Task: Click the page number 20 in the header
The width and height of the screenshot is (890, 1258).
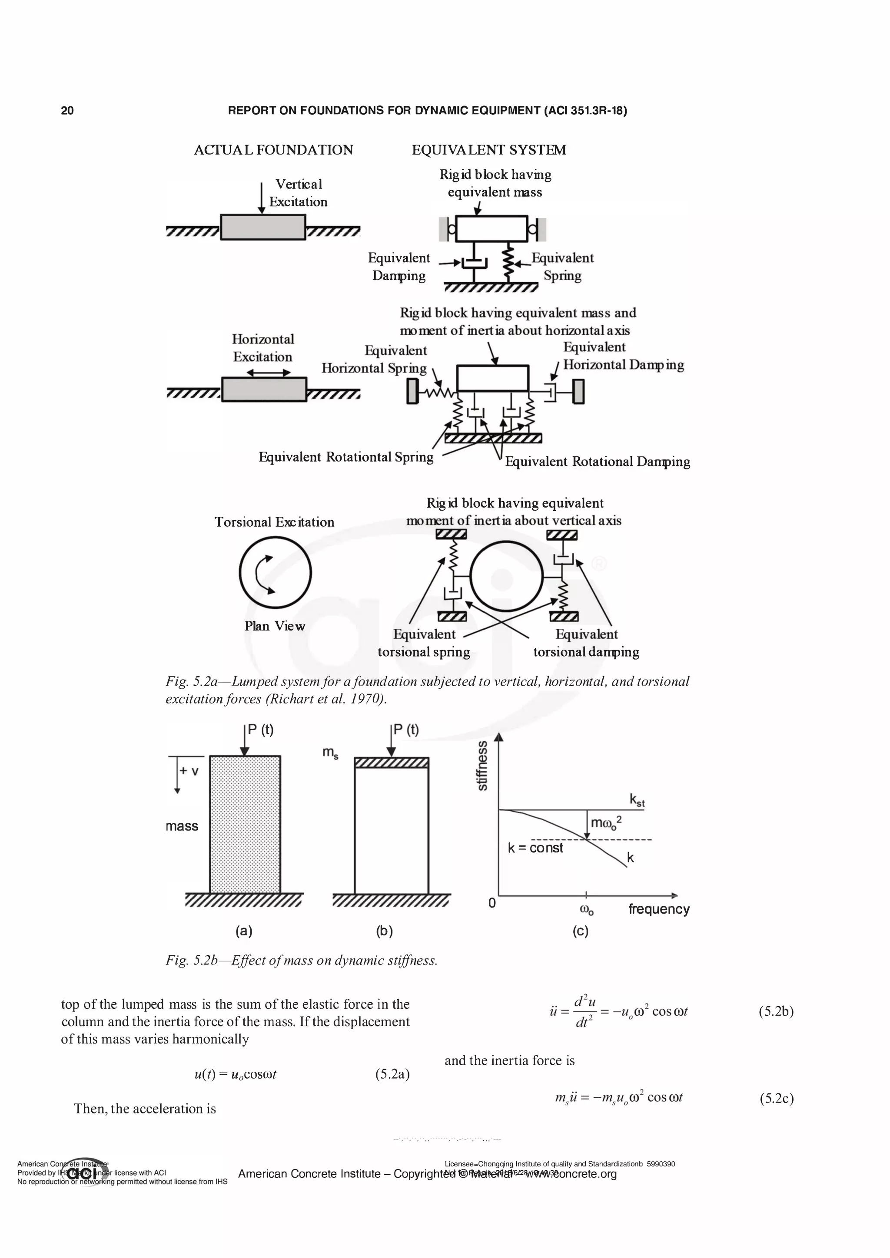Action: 67,111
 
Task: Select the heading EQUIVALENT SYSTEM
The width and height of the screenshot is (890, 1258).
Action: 488,150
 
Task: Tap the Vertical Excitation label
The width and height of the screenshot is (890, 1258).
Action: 298,193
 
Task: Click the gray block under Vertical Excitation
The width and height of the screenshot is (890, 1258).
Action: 262,227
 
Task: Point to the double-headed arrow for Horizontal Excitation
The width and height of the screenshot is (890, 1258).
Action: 268,373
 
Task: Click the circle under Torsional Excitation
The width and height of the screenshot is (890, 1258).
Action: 275,573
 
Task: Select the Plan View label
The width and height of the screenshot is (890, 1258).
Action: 274,626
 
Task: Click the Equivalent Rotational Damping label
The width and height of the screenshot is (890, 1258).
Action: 597,462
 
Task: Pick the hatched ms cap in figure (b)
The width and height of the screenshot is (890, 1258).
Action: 391,763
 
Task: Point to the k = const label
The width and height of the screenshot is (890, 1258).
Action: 535,848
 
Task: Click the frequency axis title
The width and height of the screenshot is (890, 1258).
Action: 658,910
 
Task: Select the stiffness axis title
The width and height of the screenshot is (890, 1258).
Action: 482,766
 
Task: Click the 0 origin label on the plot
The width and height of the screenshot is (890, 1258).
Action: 492,902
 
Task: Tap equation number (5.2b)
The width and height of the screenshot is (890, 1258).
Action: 776,1011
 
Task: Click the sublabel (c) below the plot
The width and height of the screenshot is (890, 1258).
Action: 580,931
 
